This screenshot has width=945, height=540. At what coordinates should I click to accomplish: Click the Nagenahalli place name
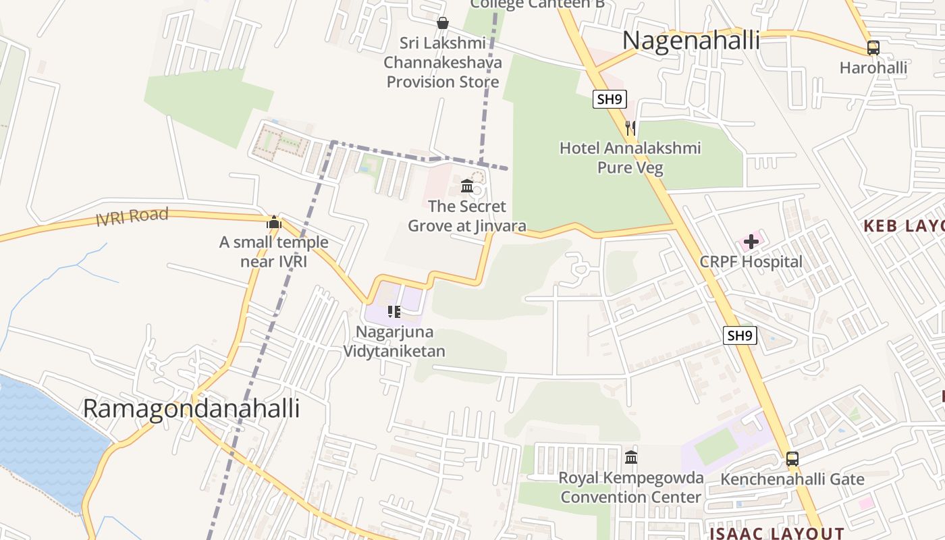691,40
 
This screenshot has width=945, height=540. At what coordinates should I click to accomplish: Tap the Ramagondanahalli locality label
191,408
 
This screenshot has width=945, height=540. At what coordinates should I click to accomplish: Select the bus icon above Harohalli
873,48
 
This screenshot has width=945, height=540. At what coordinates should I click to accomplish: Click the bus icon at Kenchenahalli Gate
792,459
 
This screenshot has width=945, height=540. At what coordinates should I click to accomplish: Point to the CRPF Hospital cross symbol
751,242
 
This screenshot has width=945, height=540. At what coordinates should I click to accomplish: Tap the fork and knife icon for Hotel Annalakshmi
630,128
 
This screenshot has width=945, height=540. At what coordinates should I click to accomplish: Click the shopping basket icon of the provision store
443,23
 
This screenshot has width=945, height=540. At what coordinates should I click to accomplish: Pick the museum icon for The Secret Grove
466,186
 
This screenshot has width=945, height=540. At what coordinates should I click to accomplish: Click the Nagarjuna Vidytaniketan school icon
394,312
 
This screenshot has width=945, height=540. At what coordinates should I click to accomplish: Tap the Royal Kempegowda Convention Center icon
631,458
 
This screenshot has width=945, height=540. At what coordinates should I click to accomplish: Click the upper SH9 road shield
610,99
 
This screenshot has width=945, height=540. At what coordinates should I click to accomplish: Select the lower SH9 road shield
740,335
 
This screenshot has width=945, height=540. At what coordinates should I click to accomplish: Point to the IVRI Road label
132,217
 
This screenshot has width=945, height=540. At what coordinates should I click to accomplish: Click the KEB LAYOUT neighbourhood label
905,226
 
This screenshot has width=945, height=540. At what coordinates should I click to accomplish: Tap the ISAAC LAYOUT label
776,533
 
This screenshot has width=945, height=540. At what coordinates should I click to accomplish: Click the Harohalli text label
873,67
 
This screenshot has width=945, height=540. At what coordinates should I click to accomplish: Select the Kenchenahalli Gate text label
792,479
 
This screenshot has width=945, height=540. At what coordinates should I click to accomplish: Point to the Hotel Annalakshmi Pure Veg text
630,157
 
